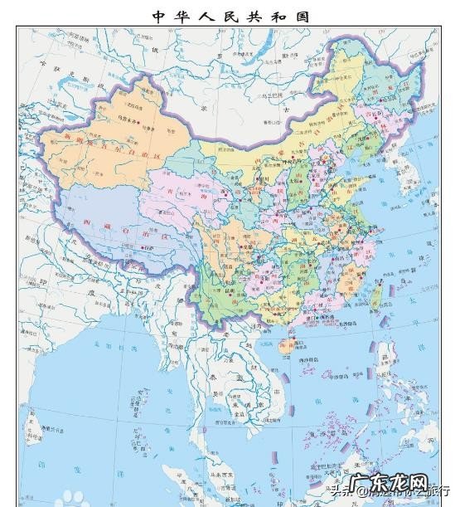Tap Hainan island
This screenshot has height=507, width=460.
tap(284, 349)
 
